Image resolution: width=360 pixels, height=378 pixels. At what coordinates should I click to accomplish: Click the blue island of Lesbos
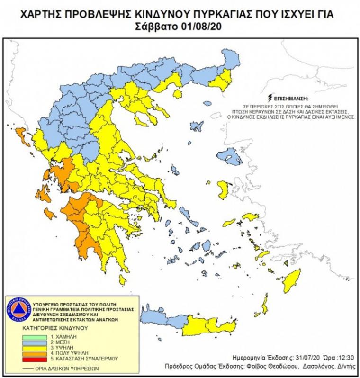point(232,156)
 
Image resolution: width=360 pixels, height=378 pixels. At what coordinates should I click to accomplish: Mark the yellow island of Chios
point(223,189)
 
